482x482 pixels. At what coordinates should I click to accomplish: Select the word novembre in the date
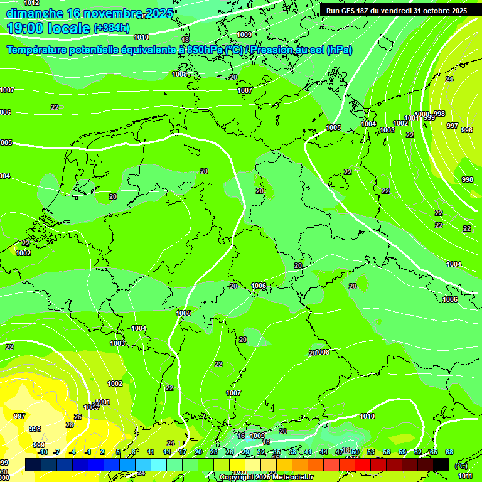point(113,14)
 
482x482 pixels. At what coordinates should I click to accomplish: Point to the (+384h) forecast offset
point(111,28)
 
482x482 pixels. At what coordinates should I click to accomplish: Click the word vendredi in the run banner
point(390,11)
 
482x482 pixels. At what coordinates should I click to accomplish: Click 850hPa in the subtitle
point(205,50)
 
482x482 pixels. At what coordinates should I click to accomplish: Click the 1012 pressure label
point(31,3)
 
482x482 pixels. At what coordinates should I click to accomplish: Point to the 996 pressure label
point(467,130)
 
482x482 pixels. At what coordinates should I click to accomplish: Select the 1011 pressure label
point(465,476)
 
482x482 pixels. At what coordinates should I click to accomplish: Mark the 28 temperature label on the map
point(70,425)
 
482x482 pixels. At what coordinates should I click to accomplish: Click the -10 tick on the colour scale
point(43,452)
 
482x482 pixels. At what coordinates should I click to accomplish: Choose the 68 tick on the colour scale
point(449,452)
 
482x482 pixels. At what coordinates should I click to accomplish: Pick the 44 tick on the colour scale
point(324,452)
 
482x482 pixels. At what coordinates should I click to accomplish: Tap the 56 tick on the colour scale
point(387,452)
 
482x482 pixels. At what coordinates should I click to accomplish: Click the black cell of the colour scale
point(441,464)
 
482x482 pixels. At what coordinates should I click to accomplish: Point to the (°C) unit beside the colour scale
point(461,466)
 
